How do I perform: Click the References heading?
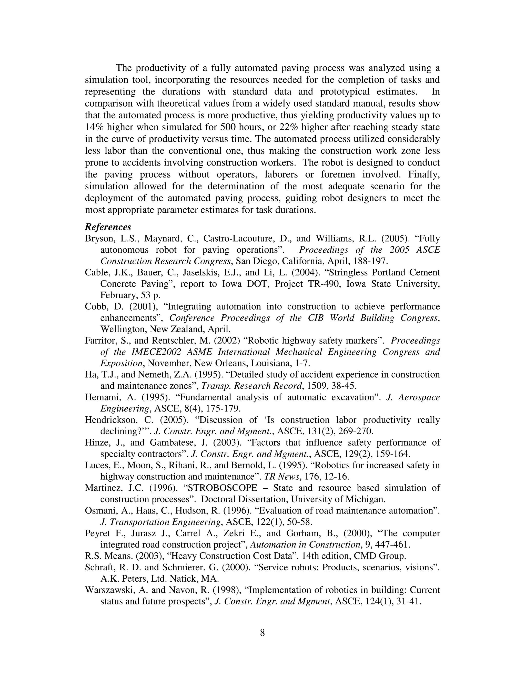tap(108, 227)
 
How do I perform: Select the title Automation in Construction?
tap(305, 545)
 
